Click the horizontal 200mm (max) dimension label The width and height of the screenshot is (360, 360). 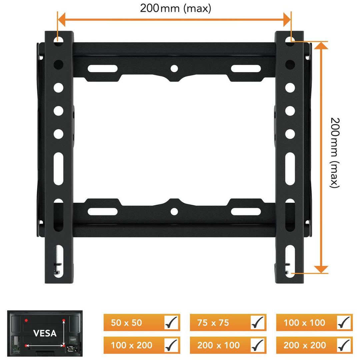(175, 8)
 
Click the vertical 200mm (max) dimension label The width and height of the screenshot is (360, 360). (334, 153)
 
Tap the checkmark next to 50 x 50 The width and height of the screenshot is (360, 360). (171, 322)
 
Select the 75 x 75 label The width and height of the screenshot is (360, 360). (213, 323)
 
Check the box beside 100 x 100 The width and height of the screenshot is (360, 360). (344, 322)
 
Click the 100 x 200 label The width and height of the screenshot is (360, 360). (131, 345)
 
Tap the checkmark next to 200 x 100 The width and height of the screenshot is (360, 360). (258, 345)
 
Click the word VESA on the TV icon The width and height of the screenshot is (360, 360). (44, 333)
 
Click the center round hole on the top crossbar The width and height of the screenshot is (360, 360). (174, 69)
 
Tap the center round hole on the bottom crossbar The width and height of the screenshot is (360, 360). (174, 211)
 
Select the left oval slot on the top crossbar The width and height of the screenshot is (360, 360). (102, 69)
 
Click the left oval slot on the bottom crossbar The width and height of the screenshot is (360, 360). (102, 211)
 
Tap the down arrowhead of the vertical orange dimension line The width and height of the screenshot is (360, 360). (321, 269)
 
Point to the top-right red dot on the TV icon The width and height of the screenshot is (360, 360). (63, 320)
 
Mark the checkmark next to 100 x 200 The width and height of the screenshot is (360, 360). (171, 345)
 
